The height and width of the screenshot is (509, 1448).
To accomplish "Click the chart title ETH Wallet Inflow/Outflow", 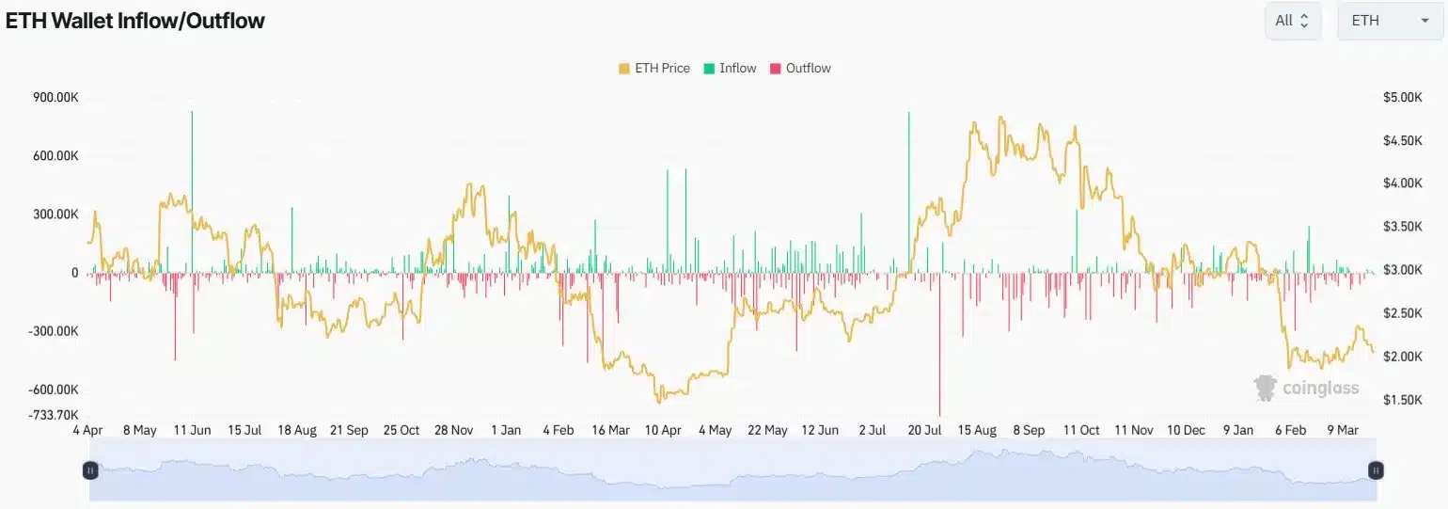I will (x=135, y=21).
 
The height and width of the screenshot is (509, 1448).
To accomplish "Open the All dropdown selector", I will (x=1293, y=21).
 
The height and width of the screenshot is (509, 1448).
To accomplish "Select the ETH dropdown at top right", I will (x=1390, y=21).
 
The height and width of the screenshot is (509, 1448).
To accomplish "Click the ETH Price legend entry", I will (x=654, y=68).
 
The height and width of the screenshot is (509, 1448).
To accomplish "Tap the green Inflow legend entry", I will (x=730, y=68).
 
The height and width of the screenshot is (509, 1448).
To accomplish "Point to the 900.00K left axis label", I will (x=55, y=98).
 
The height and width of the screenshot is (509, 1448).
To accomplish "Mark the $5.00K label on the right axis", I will (x=1403, y=98).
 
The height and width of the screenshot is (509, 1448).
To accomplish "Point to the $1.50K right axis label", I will (x=1403, y=400).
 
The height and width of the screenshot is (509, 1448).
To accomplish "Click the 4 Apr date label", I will (x=87, y=430).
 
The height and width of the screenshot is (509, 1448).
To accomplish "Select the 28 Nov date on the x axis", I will (x=453, y=430).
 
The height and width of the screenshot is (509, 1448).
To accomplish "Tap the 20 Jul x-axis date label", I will (x=924, y=430).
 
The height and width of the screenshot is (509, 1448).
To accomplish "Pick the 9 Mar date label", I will (x=1342, y=430).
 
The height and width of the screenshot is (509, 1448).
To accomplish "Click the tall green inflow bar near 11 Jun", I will (x=192, y=188).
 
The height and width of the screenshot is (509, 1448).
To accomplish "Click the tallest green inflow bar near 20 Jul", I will (x=909, y=188).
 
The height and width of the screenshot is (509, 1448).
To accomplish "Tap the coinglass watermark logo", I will (x=1307, y=388).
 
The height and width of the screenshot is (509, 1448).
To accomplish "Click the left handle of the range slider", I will (x=90, y=469).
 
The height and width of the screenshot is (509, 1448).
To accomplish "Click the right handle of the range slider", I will (x=1376, y=469).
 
